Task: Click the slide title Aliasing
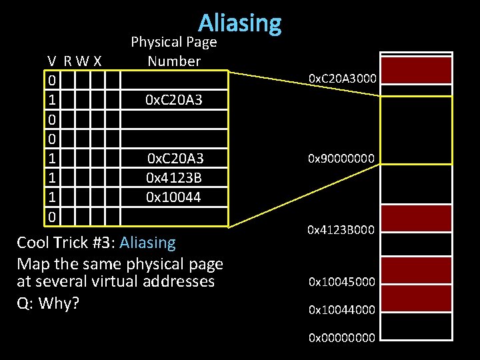click(239, 23)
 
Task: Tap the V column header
click(51, 61)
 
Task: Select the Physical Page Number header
click(174, 51)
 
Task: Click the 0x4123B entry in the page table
click(175, 178)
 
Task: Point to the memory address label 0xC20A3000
click(342, 79)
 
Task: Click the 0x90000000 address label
click(342, 159)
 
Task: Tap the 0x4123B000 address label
click(342, 230)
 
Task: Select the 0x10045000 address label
click(342, 282)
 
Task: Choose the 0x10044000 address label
click(342, 310)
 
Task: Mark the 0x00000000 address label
click(342, 338)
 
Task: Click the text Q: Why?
click(48, 303)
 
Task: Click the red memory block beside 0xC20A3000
click(416, 71)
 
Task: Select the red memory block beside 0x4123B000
click(416, 217)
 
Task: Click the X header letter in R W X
click(97, 61)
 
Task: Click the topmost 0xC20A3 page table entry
click(175, 101)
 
